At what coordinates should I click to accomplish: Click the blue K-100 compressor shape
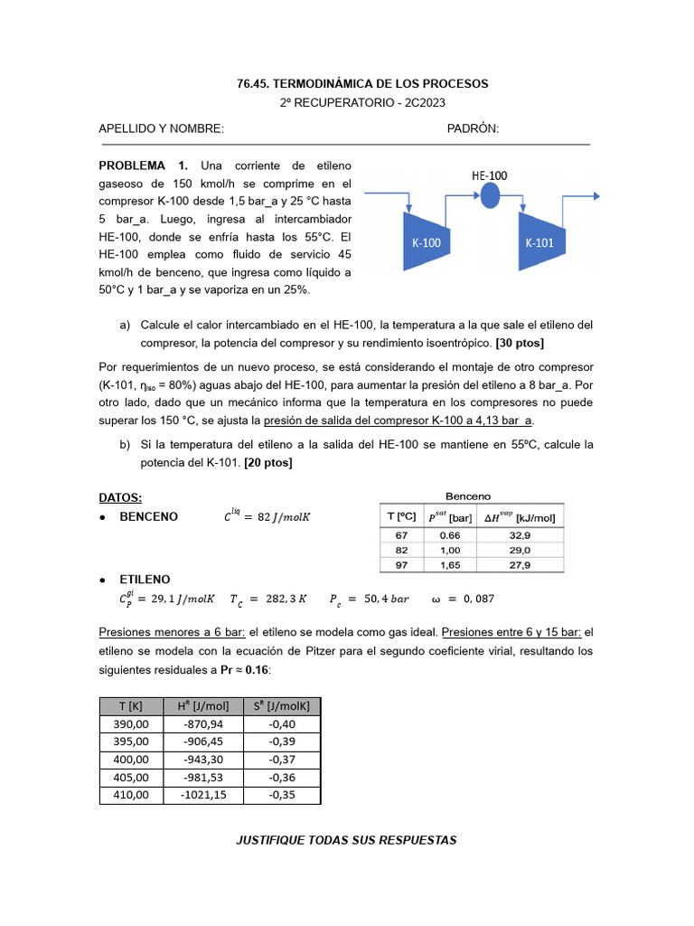[425, 241]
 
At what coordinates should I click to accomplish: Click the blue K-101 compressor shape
[540, 241]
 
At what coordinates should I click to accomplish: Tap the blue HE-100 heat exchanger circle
[489, 194]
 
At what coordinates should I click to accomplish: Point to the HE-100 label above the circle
[489, 175]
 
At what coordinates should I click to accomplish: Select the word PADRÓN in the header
[473, 129]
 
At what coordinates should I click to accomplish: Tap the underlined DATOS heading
[120, 498]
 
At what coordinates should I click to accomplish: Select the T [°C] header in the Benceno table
[401, 516]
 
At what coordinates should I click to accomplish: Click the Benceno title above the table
[468, 496]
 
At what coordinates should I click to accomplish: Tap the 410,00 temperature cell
[131, 795]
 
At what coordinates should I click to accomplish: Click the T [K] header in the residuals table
[131, 706]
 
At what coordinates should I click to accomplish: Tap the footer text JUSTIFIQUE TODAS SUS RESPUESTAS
[346, 840]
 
